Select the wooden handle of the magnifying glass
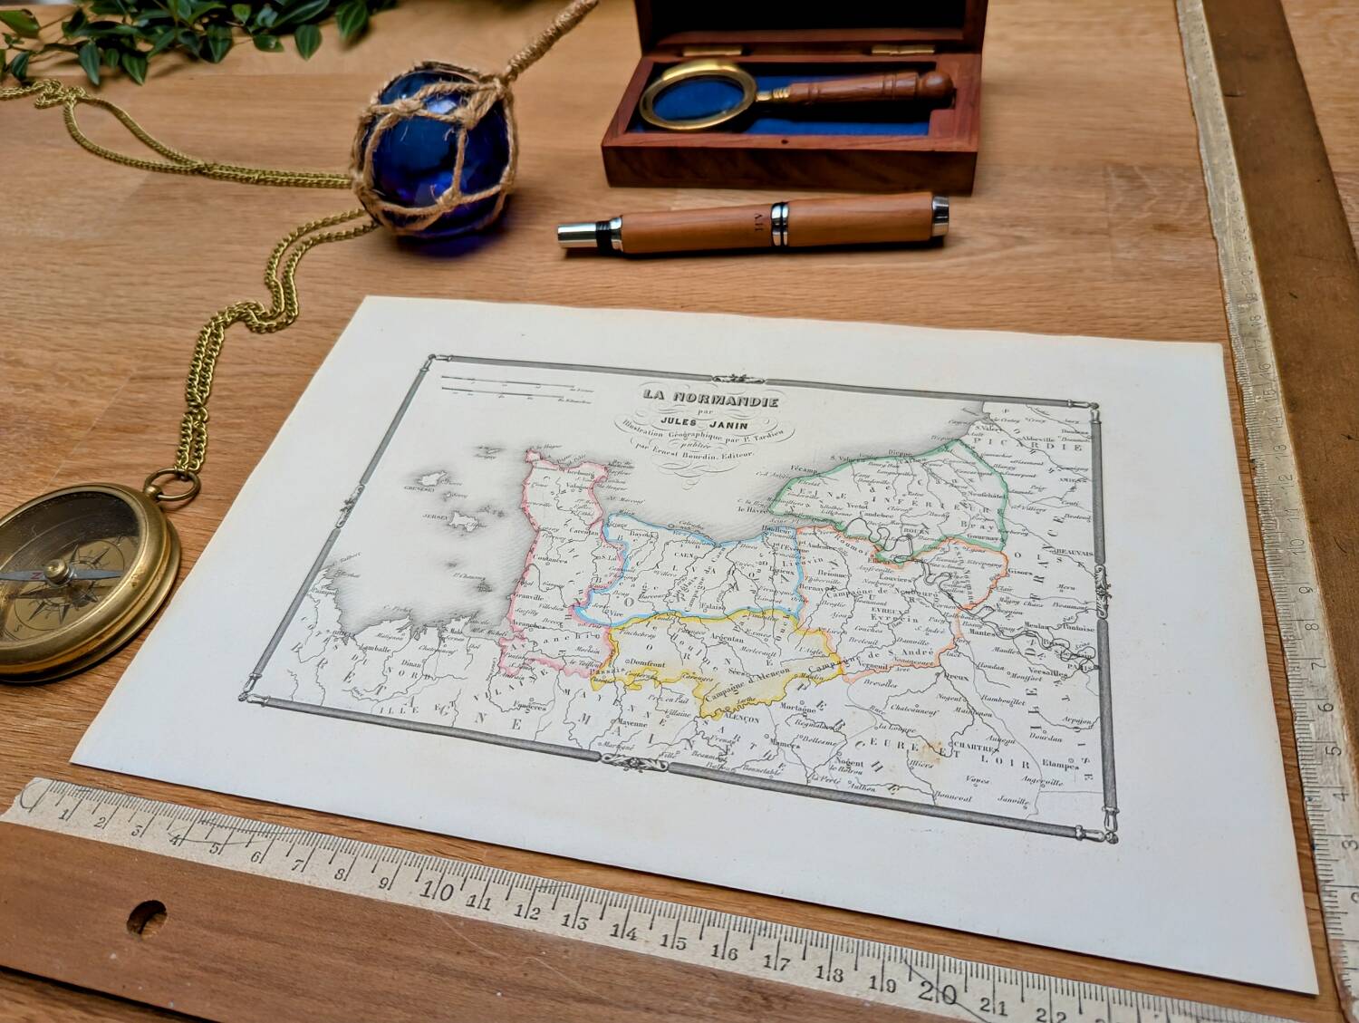(870, 89)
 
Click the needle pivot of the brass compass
(56, 571)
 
